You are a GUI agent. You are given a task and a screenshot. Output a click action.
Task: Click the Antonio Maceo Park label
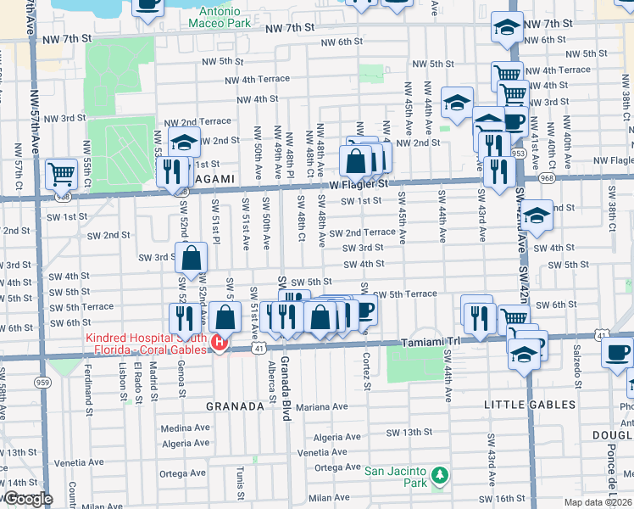225,17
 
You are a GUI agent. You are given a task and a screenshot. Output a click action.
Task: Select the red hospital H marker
219,343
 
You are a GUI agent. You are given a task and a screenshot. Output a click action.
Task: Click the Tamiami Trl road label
429,339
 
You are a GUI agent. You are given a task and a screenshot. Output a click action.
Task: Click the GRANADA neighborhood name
235,406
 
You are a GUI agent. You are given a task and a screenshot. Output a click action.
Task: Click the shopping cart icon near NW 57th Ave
61,174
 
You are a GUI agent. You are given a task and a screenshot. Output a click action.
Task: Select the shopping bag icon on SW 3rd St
192,257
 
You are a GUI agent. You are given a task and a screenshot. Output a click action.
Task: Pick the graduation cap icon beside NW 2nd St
184,143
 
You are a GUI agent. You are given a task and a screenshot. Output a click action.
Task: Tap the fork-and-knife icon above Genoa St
183,318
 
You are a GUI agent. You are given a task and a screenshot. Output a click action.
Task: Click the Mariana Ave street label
322,407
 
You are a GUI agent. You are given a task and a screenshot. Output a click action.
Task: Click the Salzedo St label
576,361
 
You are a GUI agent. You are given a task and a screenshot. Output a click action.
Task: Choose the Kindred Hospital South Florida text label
146,343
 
